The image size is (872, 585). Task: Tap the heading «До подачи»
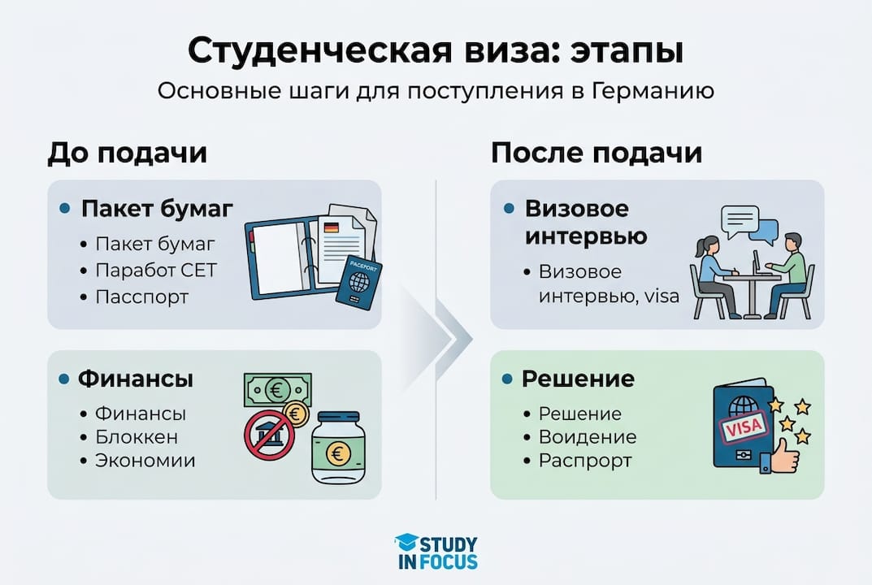tap(127, 153)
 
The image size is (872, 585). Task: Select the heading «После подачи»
tap(597, 153)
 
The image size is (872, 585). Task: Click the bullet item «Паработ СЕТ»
tap(156, 270)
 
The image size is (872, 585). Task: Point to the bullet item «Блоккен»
tap(137, 436)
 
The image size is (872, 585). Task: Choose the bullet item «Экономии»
tap(145, 460)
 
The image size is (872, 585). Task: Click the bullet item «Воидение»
tap(588, 436)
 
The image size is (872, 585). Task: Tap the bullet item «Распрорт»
tap(585, 460)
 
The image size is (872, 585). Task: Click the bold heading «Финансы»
tap(136, 379)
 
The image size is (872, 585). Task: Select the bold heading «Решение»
tap(578, 379)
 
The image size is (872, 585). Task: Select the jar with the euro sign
tap(337, 448)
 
